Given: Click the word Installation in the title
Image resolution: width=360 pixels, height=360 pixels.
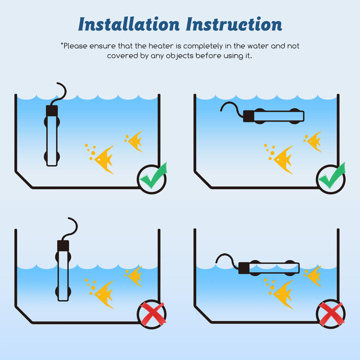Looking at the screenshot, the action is (129, 24).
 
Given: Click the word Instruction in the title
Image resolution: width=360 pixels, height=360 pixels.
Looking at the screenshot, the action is (234, 24).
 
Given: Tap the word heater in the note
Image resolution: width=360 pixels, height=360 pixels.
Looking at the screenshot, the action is (161, 46).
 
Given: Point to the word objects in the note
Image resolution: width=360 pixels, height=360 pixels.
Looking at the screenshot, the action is (180, 56).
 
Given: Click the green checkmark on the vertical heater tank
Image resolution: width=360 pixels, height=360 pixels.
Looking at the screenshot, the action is (153, 176).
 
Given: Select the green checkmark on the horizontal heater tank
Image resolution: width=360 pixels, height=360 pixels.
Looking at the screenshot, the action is (332, 176).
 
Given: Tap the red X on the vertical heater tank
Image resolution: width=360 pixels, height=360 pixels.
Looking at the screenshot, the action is (153, 314).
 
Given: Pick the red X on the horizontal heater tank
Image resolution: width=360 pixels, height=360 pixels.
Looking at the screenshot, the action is (331, 314).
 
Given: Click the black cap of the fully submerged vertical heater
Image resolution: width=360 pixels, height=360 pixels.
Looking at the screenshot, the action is (52, 111).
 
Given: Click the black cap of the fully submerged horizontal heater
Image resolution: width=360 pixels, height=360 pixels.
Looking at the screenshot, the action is (249, 116).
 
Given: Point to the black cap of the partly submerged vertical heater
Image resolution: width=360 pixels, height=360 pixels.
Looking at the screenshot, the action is (63, 246).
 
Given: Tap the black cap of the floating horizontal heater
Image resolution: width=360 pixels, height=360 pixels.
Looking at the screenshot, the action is (244, 268).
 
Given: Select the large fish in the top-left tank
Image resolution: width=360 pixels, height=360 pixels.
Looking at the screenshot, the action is (103, 160).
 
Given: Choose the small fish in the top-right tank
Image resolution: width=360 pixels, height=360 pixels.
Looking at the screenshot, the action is (314, 141).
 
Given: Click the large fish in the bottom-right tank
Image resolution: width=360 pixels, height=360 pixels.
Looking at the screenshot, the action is (283, 294).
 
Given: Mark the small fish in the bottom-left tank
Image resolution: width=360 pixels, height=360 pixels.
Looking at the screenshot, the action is (135, 276).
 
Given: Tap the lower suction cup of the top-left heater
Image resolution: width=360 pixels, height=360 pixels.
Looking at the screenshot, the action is (52, 156).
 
